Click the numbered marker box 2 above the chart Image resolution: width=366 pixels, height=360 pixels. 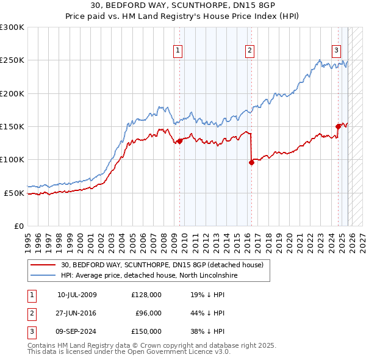(250, 51)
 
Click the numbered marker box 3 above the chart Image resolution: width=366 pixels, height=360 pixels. (336, 51)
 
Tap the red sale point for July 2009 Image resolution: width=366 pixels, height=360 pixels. (179, 141)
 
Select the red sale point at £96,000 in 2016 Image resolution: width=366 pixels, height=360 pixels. (251, 162)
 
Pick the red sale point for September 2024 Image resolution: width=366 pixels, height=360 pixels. (337, 126)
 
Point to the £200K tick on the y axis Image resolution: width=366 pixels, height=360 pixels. (12, 93)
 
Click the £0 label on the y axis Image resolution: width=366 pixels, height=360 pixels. (18, 226)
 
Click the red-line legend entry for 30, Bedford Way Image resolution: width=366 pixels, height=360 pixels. (162, 265)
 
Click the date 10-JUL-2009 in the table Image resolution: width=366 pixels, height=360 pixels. (77, 295)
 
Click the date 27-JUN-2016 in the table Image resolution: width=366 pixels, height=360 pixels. (77, 313)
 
